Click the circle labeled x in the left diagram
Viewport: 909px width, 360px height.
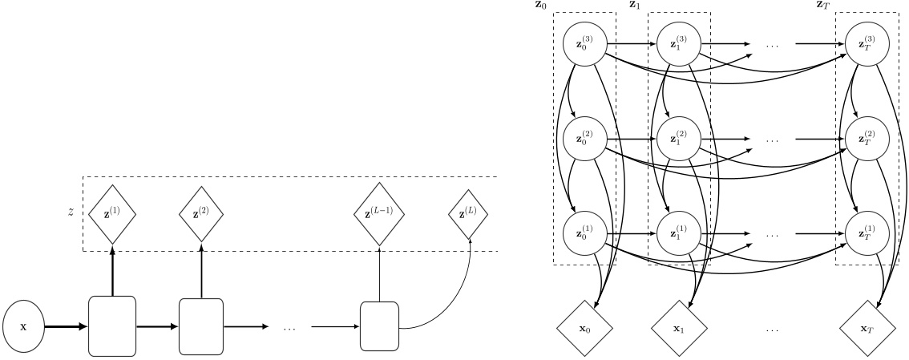point(23,327)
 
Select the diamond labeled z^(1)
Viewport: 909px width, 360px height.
point(112,214)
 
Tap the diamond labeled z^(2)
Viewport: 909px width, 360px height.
point(201,214)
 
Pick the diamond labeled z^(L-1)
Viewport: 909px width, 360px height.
point(379,214)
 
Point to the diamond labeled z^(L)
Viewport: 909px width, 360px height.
point(470,214)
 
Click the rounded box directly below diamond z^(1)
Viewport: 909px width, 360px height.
point(111,326)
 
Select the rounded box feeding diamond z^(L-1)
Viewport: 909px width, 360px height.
point(379,326)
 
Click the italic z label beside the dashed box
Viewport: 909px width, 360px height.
point(71,212)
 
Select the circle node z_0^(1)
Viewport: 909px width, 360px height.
point(585,233)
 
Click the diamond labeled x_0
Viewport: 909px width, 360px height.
point(585,328)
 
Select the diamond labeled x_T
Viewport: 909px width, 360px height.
point(866,328)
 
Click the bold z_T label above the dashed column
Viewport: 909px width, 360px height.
point(822,6)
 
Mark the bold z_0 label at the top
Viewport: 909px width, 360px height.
point(542,6)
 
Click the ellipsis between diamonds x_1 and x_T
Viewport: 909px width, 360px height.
point(773,329)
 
